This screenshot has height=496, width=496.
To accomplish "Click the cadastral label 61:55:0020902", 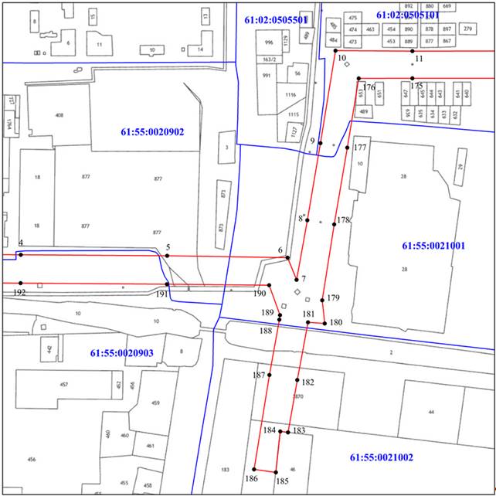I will point(152,132).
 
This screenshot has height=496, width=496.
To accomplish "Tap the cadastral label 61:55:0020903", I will point(122,352).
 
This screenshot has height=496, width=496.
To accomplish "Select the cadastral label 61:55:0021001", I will point(433,246).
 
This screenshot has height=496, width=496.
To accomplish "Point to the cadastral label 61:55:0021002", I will point(382,457).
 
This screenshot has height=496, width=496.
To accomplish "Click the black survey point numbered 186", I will point(255,468).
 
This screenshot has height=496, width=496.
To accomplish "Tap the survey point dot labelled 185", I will point(276,471).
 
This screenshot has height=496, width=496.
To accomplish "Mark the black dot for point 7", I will point(296,279).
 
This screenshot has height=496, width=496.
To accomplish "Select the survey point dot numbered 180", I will point(324,322).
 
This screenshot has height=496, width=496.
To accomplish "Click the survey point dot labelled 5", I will point(167,255).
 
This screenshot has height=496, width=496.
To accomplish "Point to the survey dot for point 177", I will point(348,148).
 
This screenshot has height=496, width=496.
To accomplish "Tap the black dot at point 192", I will point(21,283).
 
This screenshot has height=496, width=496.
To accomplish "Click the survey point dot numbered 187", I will point(269,375).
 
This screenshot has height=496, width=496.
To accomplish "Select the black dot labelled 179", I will point(322,300).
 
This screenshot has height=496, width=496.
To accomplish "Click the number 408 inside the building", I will point(59,115).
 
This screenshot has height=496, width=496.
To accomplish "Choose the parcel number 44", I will point(430,412).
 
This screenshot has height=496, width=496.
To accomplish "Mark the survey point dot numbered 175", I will point(413,78).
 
